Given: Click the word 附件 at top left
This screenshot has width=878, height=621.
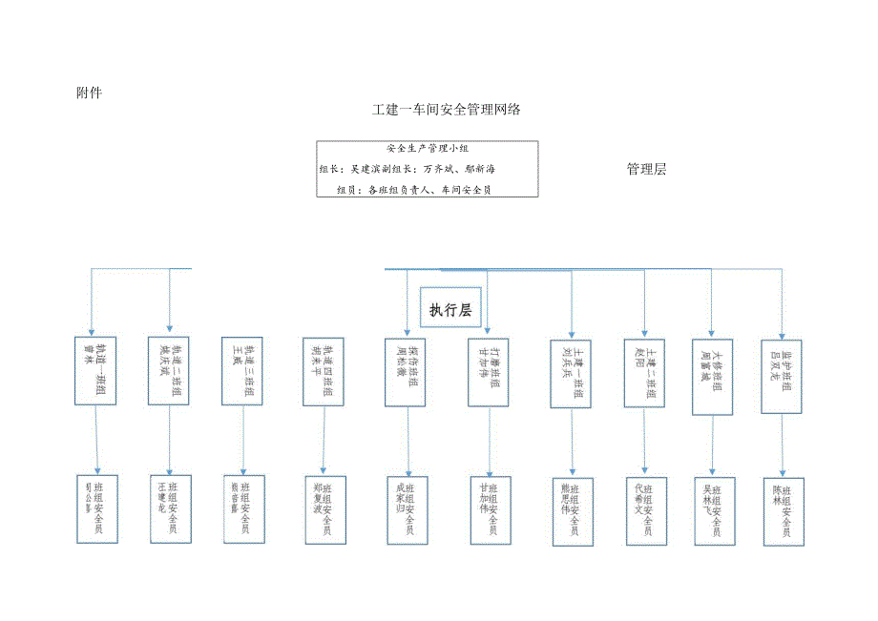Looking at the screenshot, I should [x=89, y=93].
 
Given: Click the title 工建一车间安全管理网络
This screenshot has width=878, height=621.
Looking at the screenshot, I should [x=447, y=110].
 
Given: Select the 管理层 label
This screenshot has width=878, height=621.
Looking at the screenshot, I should [x=645, y=170].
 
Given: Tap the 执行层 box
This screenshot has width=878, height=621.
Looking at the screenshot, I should [x=450, y=309].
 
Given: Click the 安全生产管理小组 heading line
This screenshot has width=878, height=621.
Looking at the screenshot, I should [x=428, y=149].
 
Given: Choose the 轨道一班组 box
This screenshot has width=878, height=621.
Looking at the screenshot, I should [x=96, y=371].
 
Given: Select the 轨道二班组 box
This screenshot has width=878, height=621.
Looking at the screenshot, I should [x=169, y=371].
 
